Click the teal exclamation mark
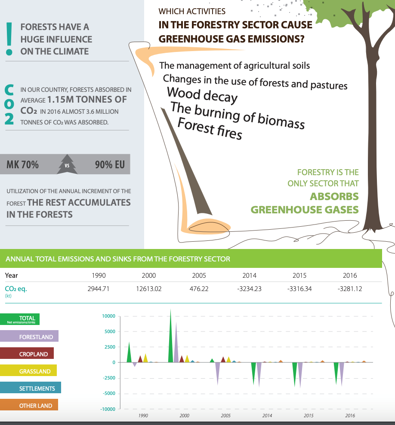coord(9,39)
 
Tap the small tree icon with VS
coord(67,164)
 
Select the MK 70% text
coord(22,164)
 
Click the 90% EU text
coord(110,164)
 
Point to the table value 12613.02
coord(148,289)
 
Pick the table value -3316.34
coord(299,289)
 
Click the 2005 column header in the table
coord(199,276)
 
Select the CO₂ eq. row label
coord(16,289)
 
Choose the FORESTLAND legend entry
coord(29,336)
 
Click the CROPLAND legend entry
coord(27,353)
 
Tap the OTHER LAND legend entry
coord(29,405)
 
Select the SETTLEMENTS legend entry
coord(31,388)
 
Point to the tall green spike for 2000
coord(170,336)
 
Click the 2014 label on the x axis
coord(267,416)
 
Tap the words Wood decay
coord(202,95)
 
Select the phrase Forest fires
coord(210,128)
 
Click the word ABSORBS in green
coord(334,197)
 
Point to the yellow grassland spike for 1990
coord(145,358)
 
